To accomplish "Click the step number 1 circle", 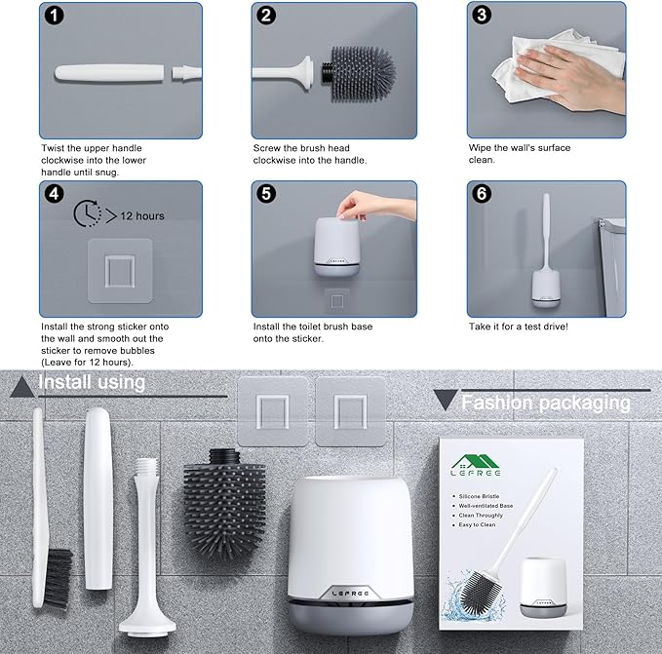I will point(55,17).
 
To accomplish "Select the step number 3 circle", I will point(481,17).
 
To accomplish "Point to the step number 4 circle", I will point(55,194).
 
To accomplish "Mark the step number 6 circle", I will point(481,194).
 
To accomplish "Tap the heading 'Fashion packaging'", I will point(545,402).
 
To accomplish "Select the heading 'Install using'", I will point(92,382).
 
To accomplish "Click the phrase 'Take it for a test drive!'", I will point(518,327).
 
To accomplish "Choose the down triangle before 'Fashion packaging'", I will point(444,401).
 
